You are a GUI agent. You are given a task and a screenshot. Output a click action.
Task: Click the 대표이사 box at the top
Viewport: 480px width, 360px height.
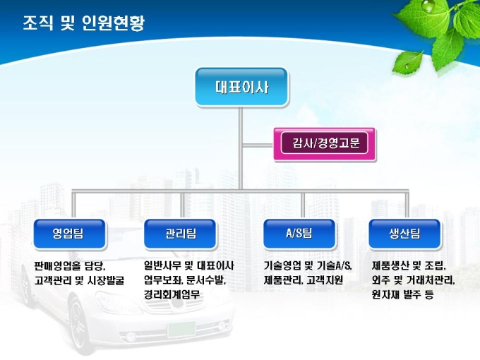241,88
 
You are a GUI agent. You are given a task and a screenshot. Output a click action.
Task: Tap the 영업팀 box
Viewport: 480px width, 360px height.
68,234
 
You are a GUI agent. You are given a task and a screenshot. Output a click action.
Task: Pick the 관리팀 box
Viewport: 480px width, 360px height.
181,234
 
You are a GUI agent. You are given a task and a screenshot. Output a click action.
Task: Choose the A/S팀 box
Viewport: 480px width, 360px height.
299,234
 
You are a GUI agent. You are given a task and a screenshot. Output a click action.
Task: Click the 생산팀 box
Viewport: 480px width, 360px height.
404,234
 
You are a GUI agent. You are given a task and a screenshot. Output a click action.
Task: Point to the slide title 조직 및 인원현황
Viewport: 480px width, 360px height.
83,23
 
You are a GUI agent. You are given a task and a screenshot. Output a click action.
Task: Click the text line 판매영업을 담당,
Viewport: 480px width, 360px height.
69,266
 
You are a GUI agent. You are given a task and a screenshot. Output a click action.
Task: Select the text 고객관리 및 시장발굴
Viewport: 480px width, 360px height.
78,280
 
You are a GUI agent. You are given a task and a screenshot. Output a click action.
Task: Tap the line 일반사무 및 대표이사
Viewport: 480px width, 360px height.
188,266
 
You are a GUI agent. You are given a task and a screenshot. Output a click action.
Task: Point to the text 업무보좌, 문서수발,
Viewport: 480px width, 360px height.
184,280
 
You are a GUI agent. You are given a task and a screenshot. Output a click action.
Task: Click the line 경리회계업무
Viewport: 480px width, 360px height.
172,294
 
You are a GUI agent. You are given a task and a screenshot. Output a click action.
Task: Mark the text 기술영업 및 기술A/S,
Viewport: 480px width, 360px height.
307,266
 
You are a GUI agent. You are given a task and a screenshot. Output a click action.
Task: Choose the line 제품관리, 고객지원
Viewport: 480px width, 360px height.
303,280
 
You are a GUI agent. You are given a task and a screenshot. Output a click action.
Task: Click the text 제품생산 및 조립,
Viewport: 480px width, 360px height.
409,266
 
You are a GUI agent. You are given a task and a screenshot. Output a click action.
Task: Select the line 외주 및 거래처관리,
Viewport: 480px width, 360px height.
413,280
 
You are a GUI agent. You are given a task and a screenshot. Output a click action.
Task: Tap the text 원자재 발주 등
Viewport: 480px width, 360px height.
402,294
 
